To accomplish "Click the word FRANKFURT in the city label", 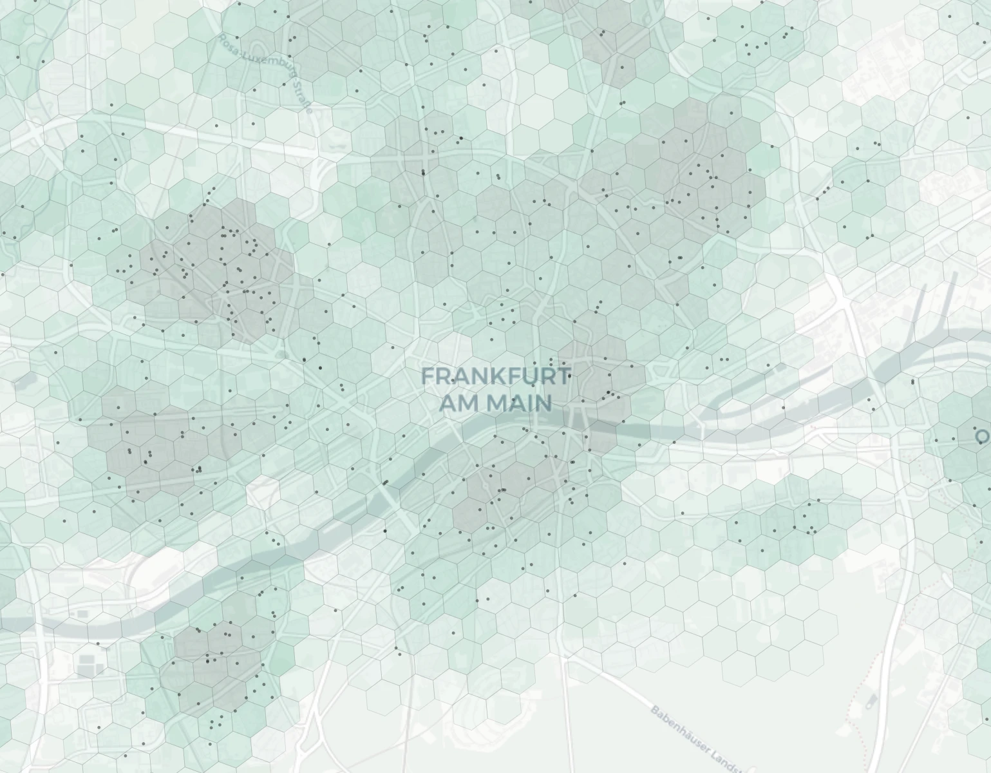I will (496, 376).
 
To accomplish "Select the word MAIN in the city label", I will (520, 403).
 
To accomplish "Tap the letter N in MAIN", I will (544, 403).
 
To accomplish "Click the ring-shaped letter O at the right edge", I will (983, 437).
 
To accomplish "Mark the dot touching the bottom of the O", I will (982, 444).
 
